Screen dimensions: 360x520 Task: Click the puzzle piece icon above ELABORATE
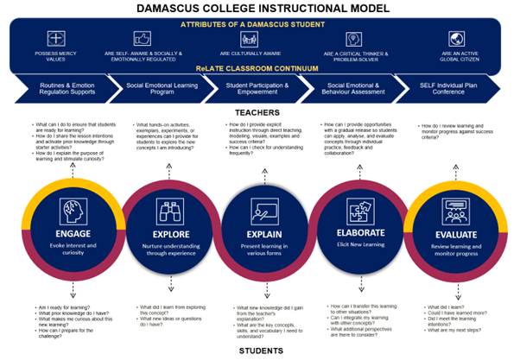pos(353,211)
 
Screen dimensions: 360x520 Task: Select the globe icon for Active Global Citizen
pos(453,39)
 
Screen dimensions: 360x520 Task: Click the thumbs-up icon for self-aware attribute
pos(141,39)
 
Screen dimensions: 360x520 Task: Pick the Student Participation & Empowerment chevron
pos(259,89)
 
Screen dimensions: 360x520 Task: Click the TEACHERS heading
pos(260,112)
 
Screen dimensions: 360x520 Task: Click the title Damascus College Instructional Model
pos(260,8)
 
